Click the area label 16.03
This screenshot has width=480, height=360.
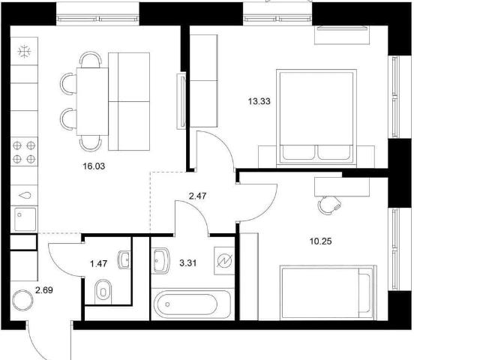94,166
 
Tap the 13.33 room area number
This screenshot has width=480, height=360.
259,101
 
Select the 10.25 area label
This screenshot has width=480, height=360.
320,241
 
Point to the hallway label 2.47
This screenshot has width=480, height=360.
197,196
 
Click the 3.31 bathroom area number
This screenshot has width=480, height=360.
188,263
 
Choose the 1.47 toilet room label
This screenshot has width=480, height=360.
99,263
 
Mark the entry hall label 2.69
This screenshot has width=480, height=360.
44,290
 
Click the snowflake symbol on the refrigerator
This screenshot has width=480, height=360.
24,52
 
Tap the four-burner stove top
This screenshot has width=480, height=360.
24,152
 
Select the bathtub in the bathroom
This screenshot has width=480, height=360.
192,304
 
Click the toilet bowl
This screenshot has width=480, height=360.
103,292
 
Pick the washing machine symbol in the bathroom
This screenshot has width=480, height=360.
224,260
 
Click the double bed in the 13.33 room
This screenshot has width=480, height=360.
316,118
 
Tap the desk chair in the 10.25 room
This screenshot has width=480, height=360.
328,205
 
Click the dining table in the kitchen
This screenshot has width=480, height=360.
92,101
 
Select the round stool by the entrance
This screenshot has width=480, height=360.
22,300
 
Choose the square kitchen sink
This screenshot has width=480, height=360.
24,218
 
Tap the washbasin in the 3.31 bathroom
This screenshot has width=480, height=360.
160,260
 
